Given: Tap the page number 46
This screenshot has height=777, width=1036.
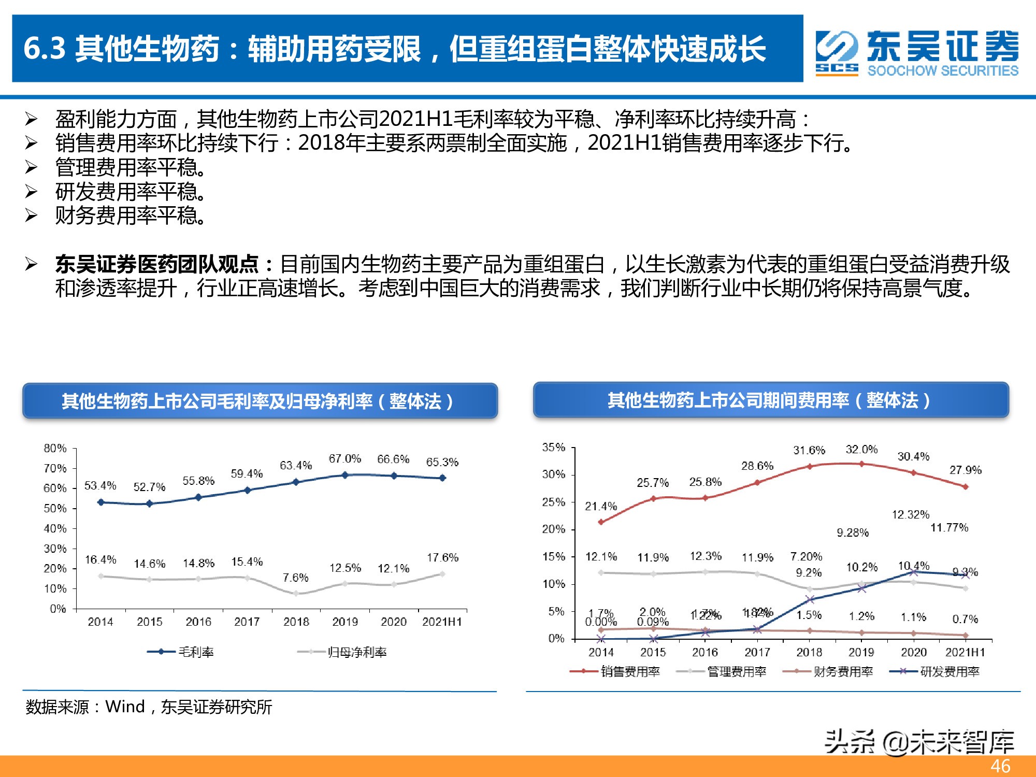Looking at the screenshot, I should pyautogui.click(x=1000, y=766).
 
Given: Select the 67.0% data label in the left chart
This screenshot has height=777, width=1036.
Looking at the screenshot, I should pyautogui.click(x=344, y=459).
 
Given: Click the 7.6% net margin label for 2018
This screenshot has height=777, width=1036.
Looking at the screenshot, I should pyautogui.click(x=295, y=578).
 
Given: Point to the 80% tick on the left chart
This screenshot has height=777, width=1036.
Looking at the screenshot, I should pyautogui.click(x=55, y=448).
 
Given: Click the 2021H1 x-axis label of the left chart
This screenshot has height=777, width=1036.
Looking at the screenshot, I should pyautogui.click(x=442, y=622).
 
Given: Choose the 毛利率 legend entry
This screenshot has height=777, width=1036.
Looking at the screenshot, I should pyautogui.click(x=196, y=652).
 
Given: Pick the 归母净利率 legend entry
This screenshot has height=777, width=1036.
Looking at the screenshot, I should pyautogui.click(x=357, y=652).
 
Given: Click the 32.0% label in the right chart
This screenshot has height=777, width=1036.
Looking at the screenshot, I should pyautogui.click(x=861, y=450).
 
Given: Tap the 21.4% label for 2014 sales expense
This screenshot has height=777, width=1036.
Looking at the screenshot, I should pyautogui.click(x=601, y=506).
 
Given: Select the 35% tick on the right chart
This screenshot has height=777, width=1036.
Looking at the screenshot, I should pyautogui.click(x=553, y=447).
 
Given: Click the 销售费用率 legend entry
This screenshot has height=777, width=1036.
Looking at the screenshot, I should pyautogui.click(x=630, y=672).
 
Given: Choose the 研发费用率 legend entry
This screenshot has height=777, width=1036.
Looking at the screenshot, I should pyautogui.click(x=949, y=672).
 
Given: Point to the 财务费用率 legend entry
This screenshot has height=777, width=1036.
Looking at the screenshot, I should pyautogui.click(x=843, y=672).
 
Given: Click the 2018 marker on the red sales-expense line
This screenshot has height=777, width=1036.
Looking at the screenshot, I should pyautogui.click(x=809, y=467).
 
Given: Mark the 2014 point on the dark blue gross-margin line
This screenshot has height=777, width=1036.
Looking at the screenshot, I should pyautogui.click(x=100, y=502).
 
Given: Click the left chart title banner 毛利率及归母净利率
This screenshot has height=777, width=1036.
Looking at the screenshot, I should pyautogui.click(x=259, y=401).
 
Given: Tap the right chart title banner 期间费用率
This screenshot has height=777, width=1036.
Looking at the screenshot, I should pyautogui.click(x=770, y=400).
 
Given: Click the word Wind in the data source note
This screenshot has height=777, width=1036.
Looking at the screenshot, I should pyautogui.click(x=125, y=707).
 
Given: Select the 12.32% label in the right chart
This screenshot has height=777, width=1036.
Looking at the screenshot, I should pyautogui.click(x=910, y=514).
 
